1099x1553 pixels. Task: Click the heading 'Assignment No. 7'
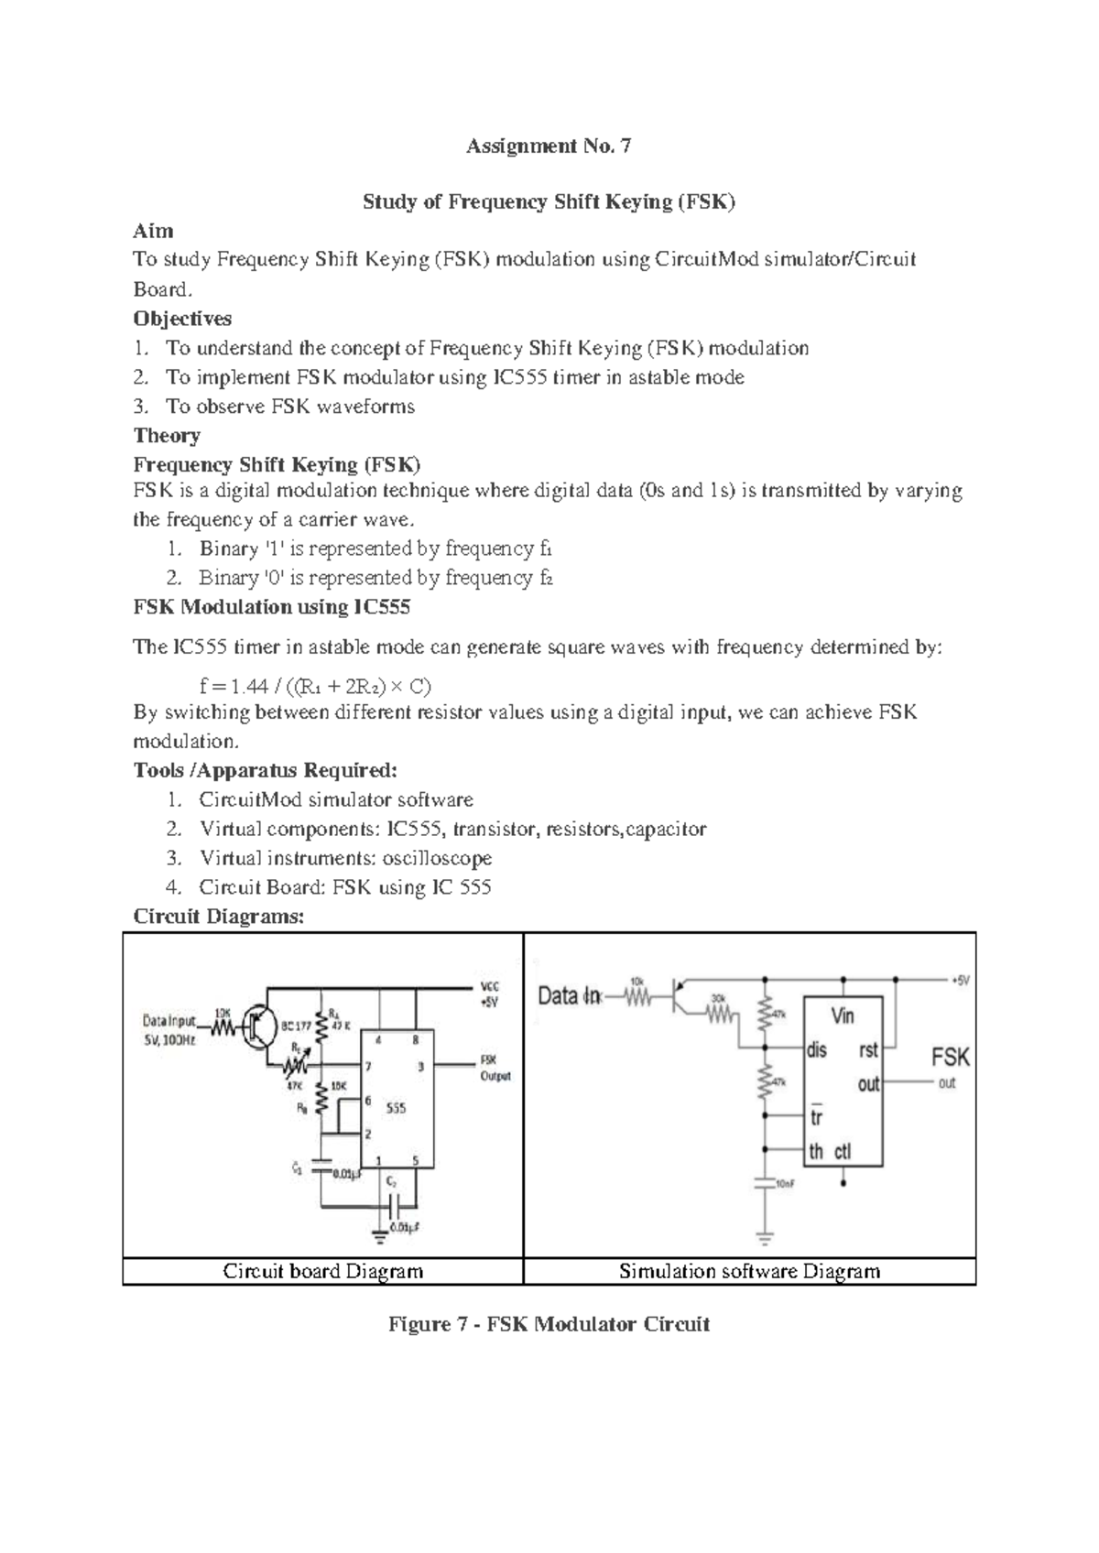click(549, 146)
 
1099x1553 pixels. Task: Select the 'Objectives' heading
click(182, 319)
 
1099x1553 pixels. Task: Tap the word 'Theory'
click(167, 435)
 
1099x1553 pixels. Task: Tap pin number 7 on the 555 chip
click(368, 1067)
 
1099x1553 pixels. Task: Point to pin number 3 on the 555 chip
click(420, 1067)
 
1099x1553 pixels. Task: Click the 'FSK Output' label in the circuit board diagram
click(495, 1068)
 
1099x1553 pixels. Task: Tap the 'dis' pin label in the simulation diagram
click(816, 1050)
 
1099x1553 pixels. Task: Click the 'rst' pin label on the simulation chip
click(868, 1050)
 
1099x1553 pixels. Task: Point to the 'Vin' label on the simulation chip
click(843, 1015)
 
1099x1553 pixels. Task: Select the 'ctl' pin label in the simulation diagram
click(843, 1152)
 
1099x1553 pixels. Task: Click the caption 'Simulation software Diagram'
click(749, 1271)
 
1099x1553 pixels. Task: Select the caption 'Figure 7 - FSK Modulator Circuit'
click(549, 1324)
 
